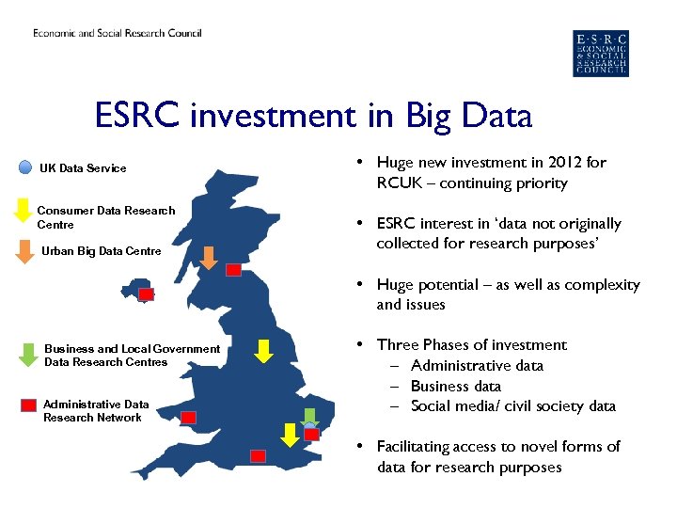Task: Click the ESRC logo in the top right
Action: [601, 53]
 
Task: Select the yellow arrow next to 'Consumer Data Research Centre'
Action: [24, 212]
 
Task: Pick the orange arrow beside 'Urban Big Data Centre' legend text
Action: [24, 251]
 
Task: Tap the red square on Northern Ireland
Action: [146, 294]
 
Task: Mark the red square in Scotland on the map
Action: [233, 269]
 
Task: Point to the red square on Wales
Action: [188, 417]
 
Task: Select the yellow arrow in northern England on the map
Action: [264, 351]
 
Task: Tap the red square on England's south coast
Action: [258, 456]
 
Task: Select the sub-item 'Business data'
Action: [455, 386]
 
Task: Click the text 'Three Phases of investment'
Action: [471, 345]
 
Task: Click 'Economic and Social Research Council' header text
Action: [118, 34]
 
